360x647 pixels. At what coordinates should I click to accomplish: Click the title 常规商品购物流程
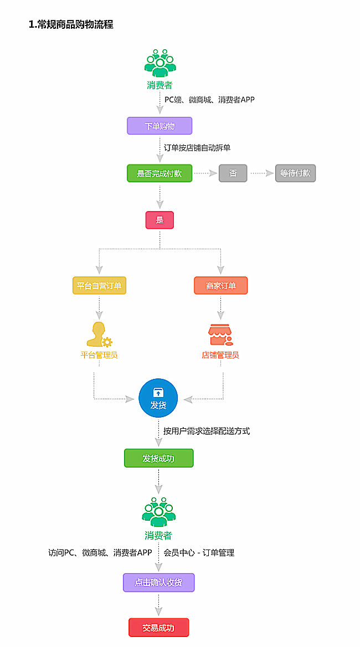pyautogui.click(x=71, y=25)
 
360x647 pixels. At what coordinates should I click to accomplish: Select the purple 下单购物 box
pyautogui.click(x=160, y=126)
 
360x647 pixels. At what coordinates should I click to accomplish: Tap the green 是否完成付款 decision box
pyautogui.click(x=160, y=173)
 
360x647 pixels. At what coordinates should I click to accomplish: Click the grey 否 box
pyautogui.click(x=233, y=173)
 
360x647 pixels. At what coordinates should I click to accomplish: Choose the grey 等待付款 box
pyautogui.click(x=295, y=173)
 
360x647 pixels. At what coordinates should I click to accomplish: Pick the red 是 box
pyautogui.click(x=160, y=220)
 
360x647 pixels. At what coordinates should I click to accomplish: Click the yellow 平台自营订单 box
pyautogui.click(x=100, y=285)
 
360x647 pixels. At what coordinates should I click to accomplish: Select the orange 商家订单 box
pyautogui.click(x=220, y=285)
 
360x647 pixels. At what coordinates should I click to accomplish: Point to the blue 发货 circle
pyautogui.click(x=158, y=398)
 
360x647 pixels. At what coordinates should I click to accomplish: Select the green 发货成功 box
pyautogui.click(x=158, y=458)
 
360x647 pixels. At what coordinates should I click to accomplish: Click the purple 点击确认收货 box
pyautogui.click(x=158, y=583)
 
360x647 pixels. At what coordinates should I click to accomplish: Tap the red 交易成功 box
pyautogui.click(x=158, y=628)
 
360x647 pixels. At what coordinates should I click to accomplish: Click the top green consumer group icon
pyautogui.click(x=160, y=63)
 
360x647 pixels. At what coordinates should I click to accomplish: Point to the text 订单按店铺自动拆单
pyautogui.click(x=197, y=148)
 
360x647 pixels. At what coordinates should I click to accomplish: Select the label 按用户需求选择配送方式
pyautogui.click(x=207, y=430)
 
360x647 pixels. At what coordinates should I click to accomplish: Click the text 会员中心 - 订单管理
pyautogui.click(x=199, y=552)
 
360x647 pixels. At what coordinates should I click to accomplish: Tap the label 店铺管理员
pyautogui.click(x=220, y=355)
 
